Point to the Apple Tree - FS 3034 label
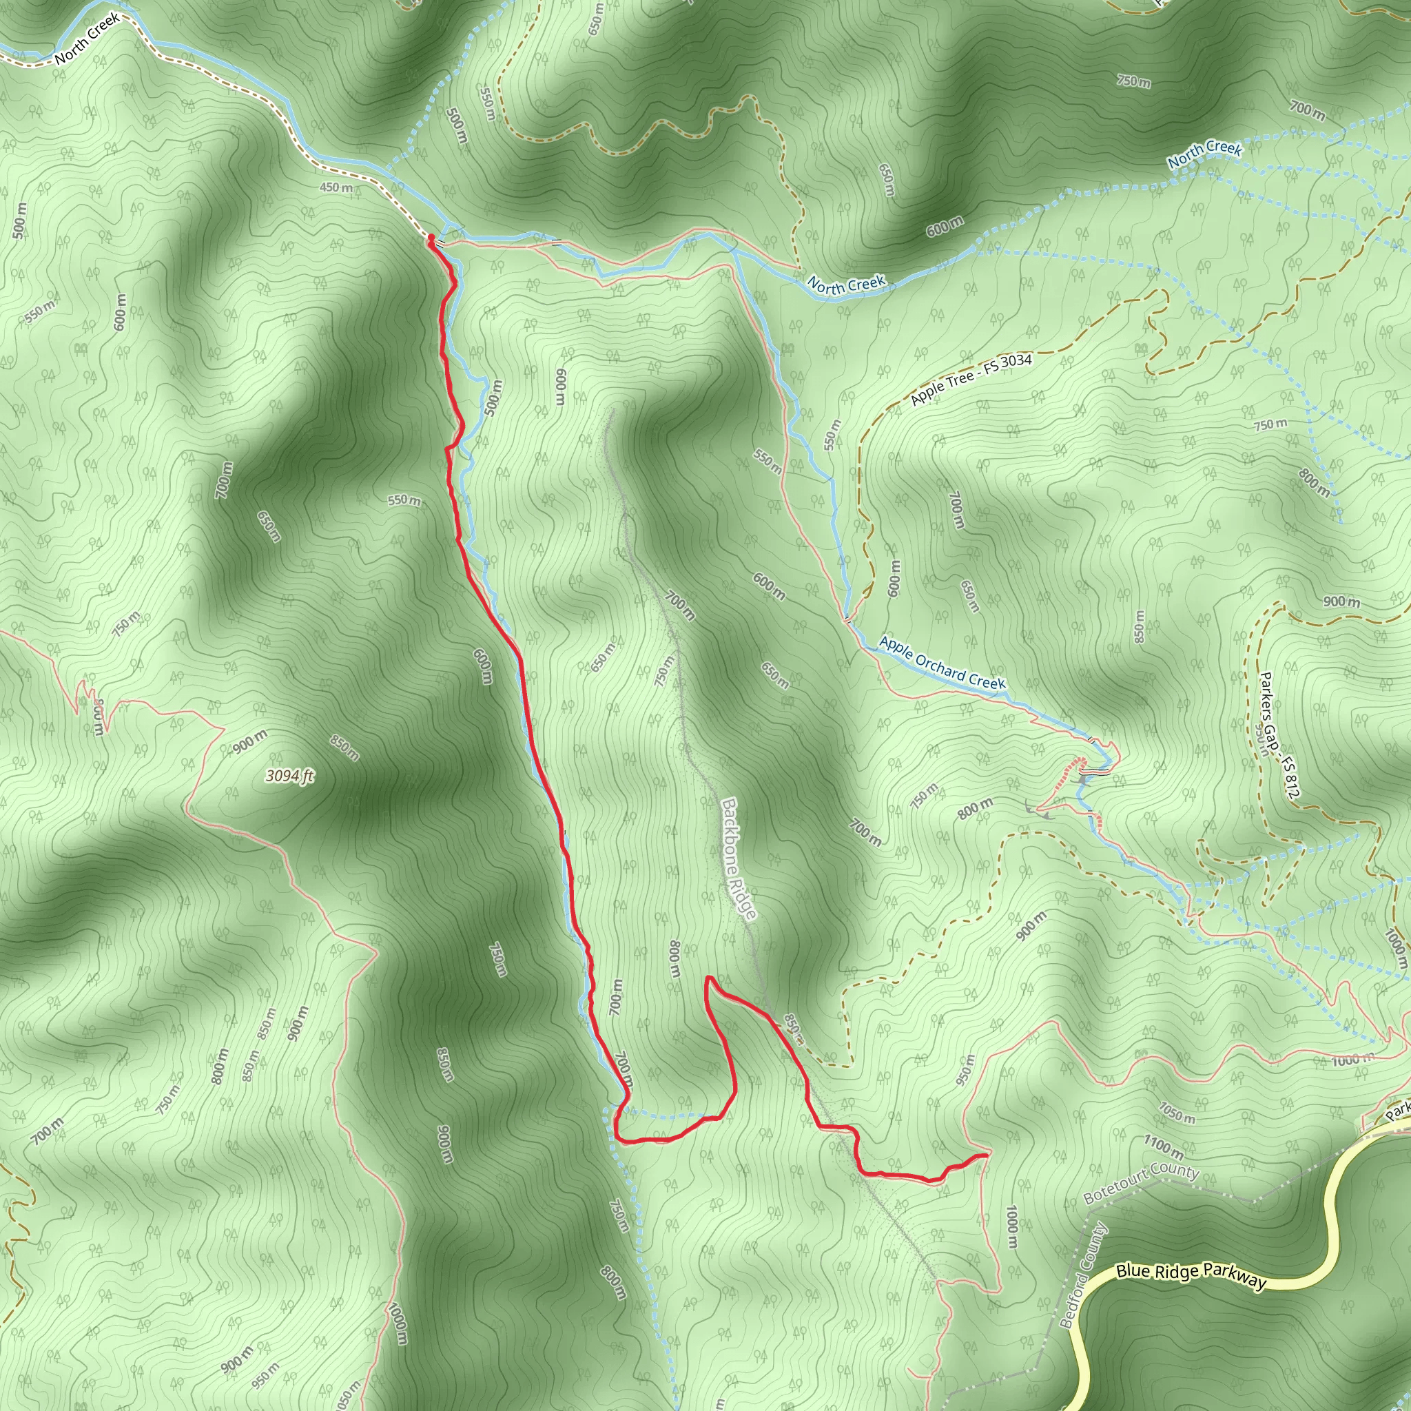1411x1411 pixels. pos(971,379)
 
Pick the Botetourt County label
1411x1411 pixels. pos(1141,1184)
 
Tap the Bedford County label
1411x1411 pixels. pos(1084,1275)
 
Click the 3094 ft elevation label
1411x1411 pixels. pos(289,776)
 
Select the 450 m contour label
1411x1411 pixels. pos(336,187)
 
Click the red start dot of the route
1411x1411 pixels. pos(431,238)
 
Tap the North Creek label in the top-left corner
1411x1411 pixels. pos(87,39)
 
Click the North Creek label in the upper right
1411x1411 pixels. pos(1204,154)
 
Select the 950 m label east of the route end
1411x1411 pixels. pos(965,1069)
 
